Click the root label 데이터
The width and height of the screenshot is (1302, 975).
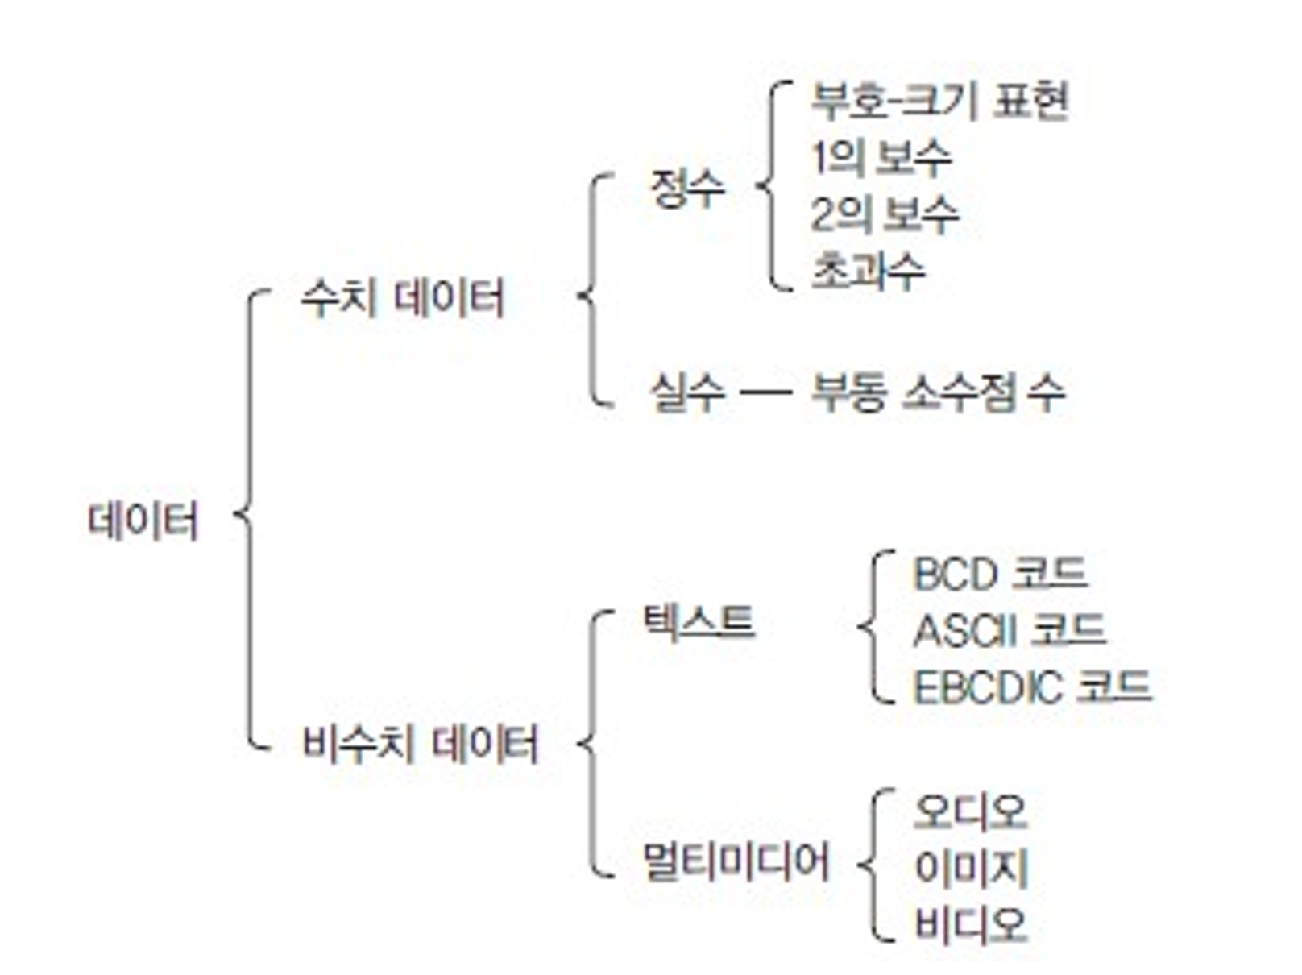(143, 520)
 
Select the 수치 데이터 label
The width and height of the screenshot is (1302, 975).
(402, 298)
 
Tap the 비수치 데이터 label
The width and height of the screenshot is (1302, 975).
(420, 743)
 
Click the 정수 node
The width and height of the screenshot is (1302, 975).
(687, 189)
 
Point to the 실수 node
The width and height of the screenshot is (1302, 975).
(687, 393)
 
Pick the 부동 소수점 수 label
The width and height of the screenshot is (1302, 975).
(937, 393)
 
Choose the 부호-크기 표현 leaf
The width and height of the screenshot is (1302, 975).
(939, 101)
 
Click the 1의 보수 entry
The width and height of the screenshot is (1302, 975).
(881, 157)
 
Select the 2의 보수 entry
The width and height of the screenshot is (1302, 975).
(885, 214)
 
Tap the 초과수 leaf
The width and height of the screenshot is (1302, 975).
(867, 271)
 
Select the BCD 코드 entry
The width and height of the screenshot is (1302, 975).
(1000, 575)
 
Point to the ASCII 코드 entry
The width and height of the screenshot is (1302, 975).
(1009, 631)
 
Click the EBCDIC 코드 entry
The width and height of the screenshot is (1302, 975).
(1031, 687)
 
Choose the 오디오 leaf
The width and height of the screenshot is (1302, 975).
(971, 811)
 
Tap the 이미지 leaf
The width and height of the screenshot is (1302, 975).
(971, 868)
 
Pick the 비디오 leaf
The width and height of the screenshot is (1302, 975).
(971, 924)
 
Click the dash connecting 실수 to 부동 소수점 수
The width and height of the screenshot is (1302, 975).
(765, 393)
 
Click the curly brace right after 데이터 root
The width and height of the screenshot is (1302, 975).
(248, 516)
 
